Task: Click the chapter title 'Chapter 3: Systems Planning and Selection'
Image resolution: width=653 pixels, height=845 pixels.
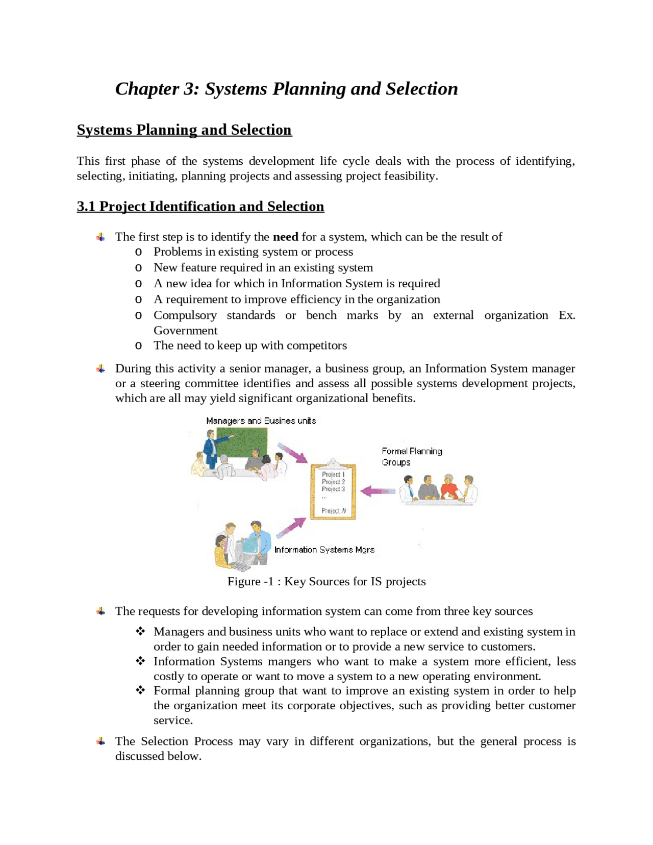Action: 286,89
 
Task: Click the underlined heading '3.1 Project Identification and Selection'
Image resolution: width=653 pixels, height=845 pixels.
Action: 200,206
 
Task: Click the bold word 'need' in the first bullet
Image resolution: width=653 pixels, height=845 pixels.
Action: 285,237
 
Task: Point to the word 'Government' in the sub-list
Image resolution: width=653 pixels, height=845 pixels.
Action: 185,331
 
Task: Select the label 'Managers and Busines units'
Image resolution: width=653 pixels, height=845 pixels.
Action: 261,421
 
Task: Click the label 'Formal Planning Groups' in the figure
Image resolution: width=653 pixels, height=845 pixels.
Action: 411,457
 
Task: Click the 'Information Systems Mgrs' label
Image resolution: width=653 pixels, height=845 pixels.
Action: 324,550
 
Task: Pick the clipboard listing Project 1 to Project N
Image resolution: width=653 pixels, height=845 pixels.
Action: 333,491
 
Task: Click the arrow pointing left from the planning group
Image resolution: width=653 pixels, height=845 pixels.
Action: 378,491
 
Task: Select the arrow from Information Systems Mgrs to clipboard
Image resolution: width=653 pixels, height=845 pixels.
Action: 291,528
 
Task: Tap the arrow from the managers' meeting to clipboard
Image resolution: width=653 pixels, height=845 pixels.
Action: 293,453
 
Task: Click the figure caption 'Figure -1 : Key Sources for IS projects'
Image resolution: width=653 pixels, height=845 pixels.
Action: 326,582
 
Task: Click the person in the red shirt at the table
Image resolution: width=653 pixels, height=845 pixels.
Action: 448,488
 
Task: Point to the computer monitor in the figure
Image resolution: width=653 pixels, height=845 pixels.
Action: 250,546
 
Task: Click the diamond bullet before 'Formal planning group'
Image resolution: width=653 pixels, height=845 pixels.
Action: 140,690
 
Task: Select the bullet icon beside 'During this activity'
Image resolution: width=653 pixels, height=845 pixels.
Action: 101,368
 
